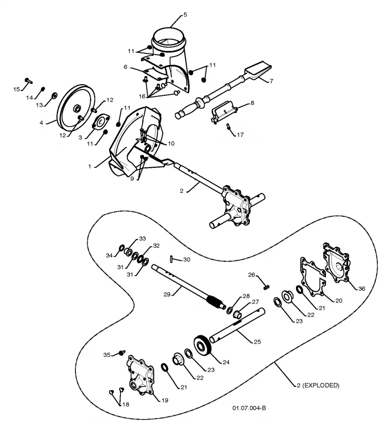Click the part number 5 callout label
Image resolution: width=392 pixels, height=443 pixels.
coord(185,15)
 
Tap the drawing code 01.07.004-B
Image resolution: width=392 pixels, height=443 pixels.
coord(249,408)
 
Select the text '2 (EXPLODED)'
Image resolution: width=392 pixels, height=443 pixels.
coord(318,385)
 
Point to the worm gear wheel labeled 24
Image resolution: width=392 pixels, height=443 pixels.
coord(203,345)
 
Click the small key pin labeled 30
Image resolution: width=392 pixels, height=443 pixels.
coord(171,258)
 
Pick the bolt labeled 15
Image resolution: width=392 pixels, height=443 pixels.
coord(28,80)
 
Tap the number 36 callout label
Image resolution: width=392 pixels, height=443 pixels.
coord(362,288)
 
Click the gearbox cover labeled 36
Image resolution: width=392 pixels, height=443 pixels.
coord(336,263)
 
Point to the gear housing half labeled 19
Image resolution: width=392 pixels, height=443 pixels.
coord(141,374)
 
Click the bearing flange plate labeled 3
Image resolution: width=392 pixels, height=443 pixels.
coord(100,122)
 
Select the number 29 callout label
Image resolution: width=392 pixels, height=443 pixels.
coord(167,294)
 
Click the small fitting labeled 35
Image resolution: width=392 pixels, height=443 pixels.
coord(122,352)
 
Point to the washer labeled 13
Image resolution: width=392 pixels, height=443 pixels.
coord(54,95)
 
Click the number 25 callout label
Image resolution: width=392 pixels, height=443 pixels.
coord(257,342)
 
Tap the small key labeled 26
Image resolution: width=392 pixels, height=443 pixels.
coord(266,287)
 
